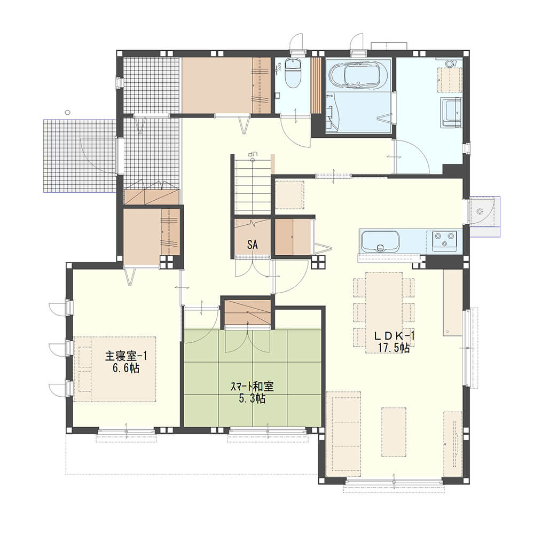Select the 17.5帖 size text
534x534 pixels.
coord(394,348)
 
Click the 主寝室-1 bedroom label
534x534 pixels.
coord(125,356)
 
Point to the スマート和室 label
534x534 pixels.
coord(252,387)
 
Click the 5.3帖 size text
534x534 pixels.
coord(252,398)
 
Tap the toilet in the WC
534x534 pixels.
coord(292,73)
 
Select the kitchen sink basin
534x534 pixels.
coord(380,242)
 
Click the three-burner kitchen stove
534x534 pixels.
coord(444,239)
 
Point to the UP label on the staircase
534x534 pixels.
coord(253,154)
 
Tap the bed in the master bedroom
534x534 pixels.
coord(115,369)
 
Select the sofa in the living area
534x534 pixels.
coord(343,435)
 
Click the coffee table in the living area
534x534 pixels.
coord(394,431)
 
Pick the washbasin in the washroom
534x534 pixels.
coord(452,113)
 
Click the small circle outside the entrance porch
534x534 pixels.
coord(68,112)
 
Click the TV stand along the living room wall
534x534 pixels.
coord(453,444)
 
